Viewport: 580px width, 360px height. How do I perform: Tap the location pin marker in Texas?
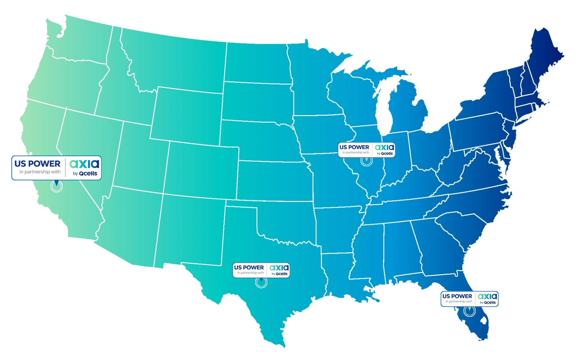click(261, 282)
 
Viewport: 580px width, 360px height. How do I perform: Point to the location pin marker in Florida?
click(469, 311)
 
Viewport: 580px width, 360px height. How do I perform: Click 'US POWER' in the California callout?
click(37, 164)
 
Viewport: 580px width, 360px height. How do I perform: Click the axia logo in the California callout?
click(84, 163)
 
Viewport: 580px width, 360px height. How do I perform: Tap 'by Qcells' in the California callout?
click(85, 173)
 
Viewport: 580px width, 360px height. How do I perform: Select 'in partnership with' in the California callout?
click(40, 172)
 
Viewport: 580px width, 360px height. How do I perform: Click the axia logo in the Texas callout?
click(279, 267)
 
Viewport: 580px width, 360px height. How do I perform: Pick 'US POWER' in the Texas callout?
click(249, 268)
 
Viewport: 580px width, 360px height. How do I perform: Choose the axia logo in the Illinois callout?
click(384, 147)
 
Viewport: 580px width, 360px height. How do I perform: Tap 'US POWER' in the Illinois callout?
click(354, 147)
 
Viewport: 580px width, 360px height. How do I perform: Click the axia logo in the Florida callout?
click(487, 296)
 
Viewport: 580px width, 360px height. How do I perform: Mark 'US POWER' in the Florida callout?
click(457, 296)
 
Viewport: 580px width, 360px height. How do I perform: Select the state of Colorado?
click(202, 170)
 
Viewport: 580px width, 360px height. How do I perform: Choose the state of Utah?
click(140, 153)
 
